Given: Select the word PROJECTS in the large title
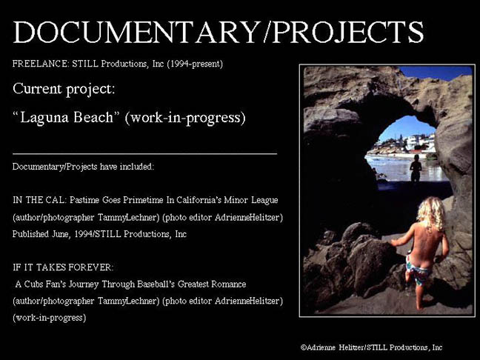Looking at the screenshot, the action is click(x=348, y=32).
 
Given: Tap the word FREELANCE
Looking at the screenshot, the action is click(x=41, y=64).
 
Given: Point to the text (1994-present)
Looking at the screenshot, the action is click(x=195, y=64).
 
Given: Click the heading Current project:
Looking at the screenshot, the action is click(x=64, y=89).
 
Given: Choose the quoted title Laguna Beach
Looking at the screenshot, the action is click(x=67, y=117).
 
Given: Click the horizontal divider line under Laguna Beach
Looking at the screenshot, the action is click(x=144, y=153).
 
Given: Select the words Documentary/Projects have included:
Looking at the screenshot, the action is click(x=83, y=167).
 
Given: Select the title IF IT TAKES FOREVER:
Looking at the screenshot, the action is click(x=63, y=267).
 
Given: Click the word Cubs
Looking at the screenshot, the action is click(x=34, y=284).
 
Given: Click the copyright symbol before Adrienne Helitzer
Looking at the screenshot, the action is click(x=304, y=347).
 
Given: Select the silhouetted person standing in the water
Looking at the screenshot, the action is click(x=416, y=168).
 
